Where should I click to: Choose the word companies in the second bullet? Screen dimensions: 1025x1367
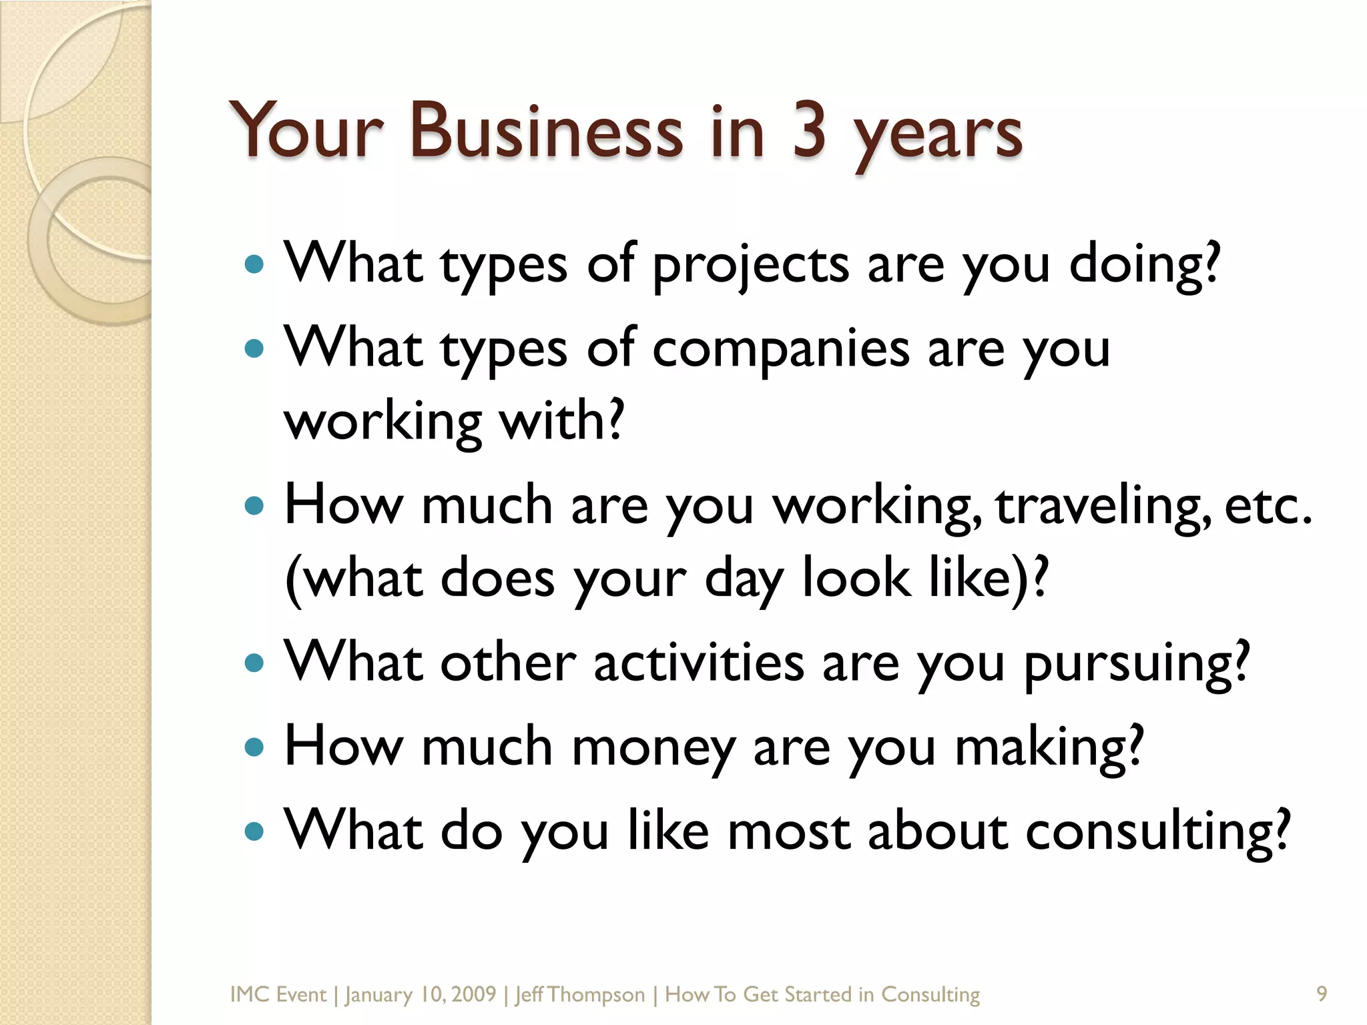[x=780, y=351]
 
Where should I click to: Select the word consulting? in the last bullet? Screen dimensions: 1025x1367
[x=1157, y=833]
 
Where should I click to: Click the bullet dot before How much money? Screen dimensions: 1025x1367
[x=255, y=747]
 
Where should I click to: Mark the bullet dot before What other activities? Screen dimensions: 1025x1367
[x=255, y=663]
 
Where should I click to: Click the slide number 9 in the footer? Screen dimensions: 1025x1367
[x=1321, y=994]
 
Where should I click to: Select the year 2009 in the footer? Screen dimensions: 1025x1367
[x=473, y=994]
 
